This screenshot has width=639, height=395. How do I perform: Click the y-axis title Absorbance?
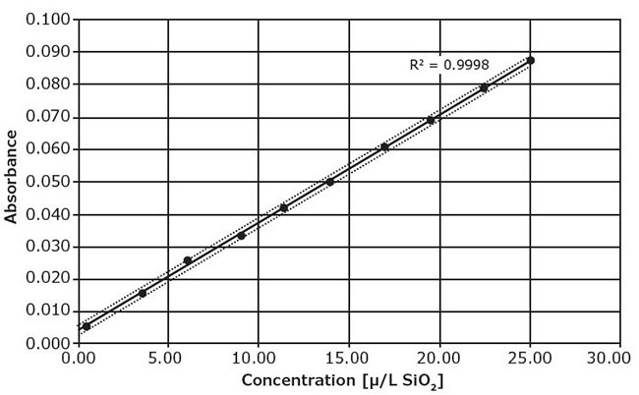click(12, 181)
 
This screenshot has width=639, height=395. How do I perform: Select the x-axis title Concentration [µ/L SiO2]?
click(349, 379)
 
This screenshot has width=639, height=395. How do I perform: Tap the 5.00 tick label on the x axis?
click(169, 358)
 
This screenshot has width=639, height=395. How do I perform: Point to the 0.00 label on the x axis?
click(80, 358)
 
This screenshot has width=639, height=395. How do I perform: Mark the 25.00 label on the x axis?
click(528, 358)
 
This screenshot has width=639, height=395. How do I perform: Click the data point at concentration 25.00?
click(530, 61)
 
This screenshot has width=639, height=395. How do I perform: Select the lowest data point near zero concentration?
click(87, 326)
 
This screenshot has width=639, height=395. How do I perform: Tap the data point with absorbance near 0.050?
click(330, 182)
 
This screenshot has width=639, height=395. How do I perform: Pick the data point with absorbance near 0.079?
click(484, 88)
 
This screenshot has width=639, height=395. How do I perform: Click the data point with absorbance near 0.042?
click(284, 208)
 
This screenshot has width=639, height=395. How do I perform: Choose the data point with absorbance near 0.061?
click(385, 147)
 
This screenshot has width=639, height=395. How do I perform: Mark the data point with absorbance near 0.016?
click(143, 293)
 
